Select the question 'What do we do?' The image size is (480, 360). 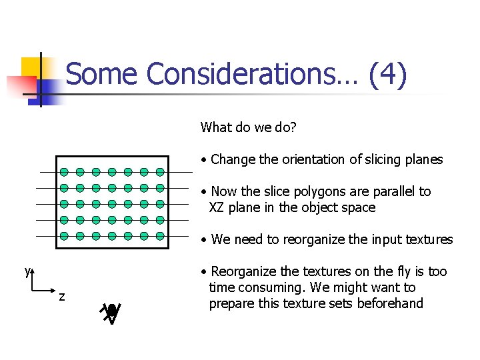(x=248, y=127)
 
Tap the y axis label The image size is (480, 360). (x=27, y=271)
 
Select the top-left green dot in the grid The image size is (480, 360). (x=64, y=171)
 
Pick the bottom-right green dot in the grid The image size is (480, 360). (x=160, y=235)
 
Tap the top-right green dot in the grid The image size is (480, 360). (x=160, y=171)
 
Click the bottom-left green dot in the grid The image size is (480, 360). (x=64, y=235)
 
